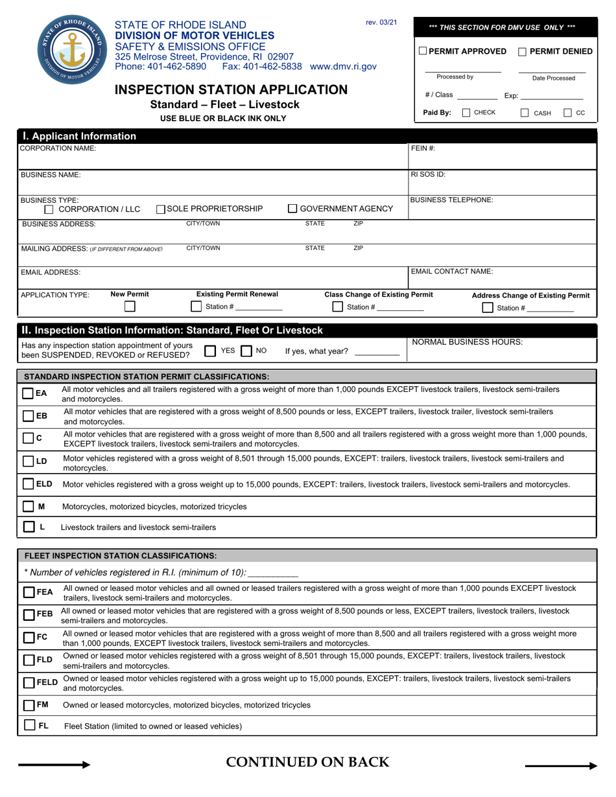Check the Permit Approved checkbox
tap(423, 51)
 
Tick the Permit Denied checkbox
tap(522, 51)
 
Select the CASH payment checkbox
tap(525, 113)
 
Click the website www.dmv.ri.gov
tap(343, 66)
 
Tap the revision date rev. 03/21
tap(381, 23)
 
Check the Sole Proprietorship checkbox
tap(161, 209)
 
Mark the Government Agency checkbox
tap(292, 209)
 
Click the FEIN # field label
tap(423, 148)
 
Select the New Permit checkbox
tap(130, 306)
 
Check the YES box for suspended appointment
tap(210, 351)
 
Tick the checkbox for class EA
tap(28, 393)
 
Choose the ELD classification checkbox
tap(28, 484)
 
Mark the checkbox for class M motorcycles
tap(28, 506)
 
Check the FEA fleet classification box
tap(29, 592)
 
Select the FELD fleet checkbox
tap(29, 683)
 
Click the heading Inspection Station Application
tap(231, 89)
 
